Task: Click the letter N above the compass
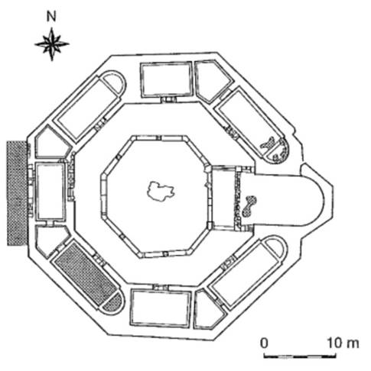51,17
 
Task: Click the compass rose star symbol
52,44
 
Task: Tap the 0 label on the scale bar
265,343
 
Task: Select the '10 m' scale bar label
343,343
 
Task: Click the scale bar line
300,356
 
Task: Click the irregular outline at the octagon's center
161,191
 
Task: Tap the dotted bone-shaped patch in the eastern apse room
249,206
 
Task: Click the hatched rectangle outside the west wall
17,193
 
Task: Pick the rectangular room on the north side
167,79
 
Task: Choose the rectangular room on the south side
160,308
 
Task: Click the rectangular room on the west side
50,192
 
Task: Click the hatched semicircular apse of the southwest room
113,303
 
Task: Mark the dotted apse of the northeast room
279,151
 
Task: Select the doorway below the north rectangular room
168,99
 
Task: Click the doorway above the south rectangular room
161,287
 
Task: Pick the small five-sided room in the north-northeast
213,81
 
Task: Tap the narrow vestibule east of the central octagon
223,198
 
